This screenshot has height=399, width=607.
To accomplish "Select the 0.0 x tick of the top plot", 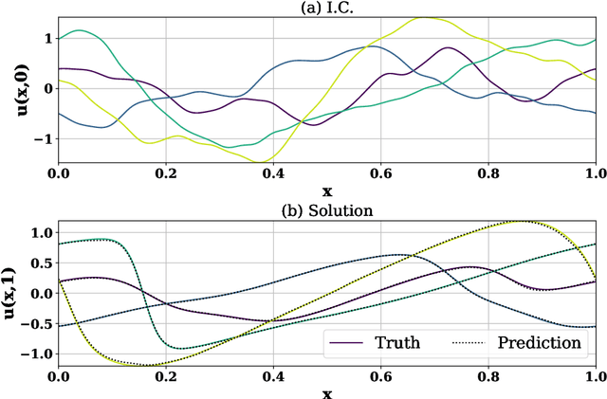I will pyautogui.click(x=58, y=173).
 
